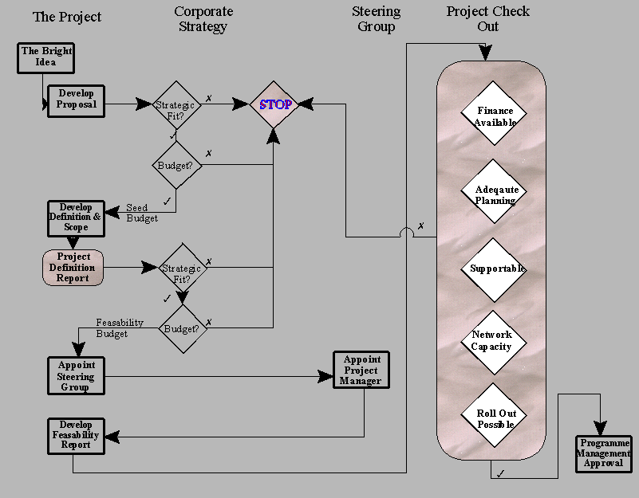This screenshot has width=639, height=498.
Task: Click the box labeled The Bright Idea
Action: (45, 57)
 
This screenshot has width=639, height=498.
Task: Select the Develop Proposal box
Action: (76, 100)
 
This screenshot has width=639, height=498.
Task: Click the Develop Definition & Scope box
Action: (75, 218)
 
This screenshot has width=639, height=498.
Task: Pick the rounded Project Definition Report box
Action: (74, 268)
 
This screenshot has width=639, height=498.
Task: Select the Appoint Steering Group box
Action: (76, 376)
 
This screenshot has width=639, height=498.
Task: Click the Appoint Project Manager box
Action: (361, 371)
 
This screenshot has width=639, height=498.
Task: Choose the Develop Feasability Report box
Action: (76, 435)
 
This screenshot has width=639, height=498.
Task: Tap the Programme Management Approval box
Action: (603, 453)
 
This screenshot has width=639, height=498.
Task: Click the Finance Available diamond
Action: (495, 116)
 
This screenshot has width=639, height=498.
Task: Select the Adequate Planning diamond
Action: (495, 195)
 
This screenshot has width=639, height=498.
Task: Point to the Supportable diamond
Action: (495, 269)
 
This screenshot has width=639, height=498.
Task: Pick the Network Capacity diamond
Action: (492, 340)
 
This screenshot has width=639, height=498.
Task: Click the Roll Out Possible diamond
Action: (495, 418)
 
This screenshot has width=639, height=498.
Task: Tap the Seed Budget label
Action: (142, 214)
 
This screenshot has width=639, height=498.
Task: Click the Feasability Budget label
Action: (119, 328)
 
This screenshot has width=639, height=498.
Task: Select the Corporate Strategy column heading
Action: (203, 19)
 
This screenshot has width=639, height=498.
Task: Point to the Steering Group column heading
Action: (376, 19)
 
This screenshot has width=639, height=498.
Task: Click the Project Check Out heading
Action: (487, 18)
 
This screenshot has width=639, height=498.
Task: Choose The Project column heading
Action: (67, 17)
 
